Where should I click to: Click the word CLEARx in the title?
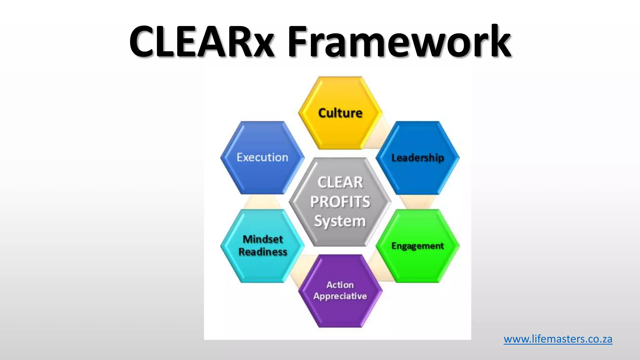point(202,41)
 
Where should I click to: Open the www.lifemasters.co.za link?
point(558,339)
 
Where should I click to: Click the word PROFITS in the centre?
point(340,202)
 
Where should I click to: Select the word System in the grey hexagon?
point(340,221)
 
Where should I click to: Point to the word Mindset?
point(262,239)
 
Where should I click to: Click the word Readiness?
point(262,252)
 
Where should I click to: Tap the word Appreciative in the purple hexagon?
point(340,296)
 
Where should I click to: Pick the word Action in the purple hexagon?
point(340,285)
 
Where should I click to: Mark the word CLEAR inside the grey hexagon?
point(340,182)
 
